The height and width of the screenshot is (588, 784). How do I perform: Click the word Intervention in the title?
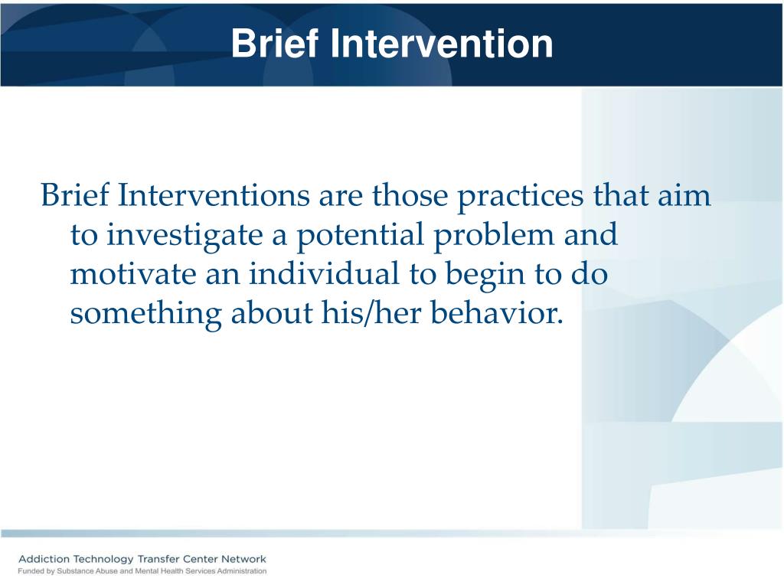442,44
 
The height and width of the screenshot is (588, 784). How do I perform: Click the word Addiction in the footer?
45,559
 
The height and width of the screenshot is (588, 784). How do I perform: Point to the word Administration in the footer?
240,571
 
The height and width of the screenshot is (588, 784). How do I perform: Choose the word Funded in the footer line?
32,571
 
